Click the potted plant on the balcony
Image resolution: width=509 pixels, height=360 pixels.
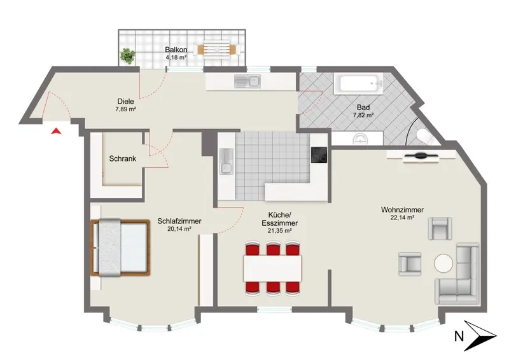128,56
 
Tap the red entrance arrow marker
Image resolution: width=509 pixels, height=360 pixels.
57,131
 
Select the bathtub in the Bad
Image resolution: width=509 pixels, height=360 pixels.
358,84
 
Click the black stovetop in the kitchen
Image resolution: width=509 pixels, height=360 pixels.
319,155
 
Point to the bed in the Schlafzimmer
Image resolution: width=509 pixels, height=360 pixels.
121,247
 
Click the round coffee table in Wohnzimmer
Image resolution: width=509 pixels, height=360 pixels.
443,263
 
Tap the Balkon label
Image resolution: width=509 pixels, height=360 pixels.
176,50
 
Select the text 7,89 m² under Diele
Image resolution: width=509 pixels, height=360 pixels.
125,109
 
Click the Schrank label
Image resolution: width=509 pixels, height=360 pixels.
122,159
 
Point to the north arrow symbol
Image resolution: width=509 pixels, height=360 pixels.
480,336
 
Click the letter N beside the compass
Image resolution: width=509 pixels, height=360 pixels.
459,336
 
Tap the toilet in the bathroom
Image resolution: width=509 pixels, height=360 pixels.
426,136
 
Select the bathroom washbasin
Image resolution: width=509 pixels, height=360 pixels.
361,138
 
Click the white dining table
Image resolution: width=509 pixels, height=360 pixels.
273,268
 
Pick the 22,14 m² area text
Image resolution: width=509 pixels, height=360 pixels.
402,218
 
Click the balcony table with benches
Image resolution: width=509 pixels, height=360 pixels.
217,50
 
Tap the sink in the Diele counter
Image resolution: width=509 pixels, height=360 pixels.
247,81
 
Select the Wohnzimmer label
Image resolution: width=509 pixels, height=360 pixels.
402,210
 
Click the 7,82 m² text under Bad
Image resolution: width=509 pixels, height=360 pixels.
363,115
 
